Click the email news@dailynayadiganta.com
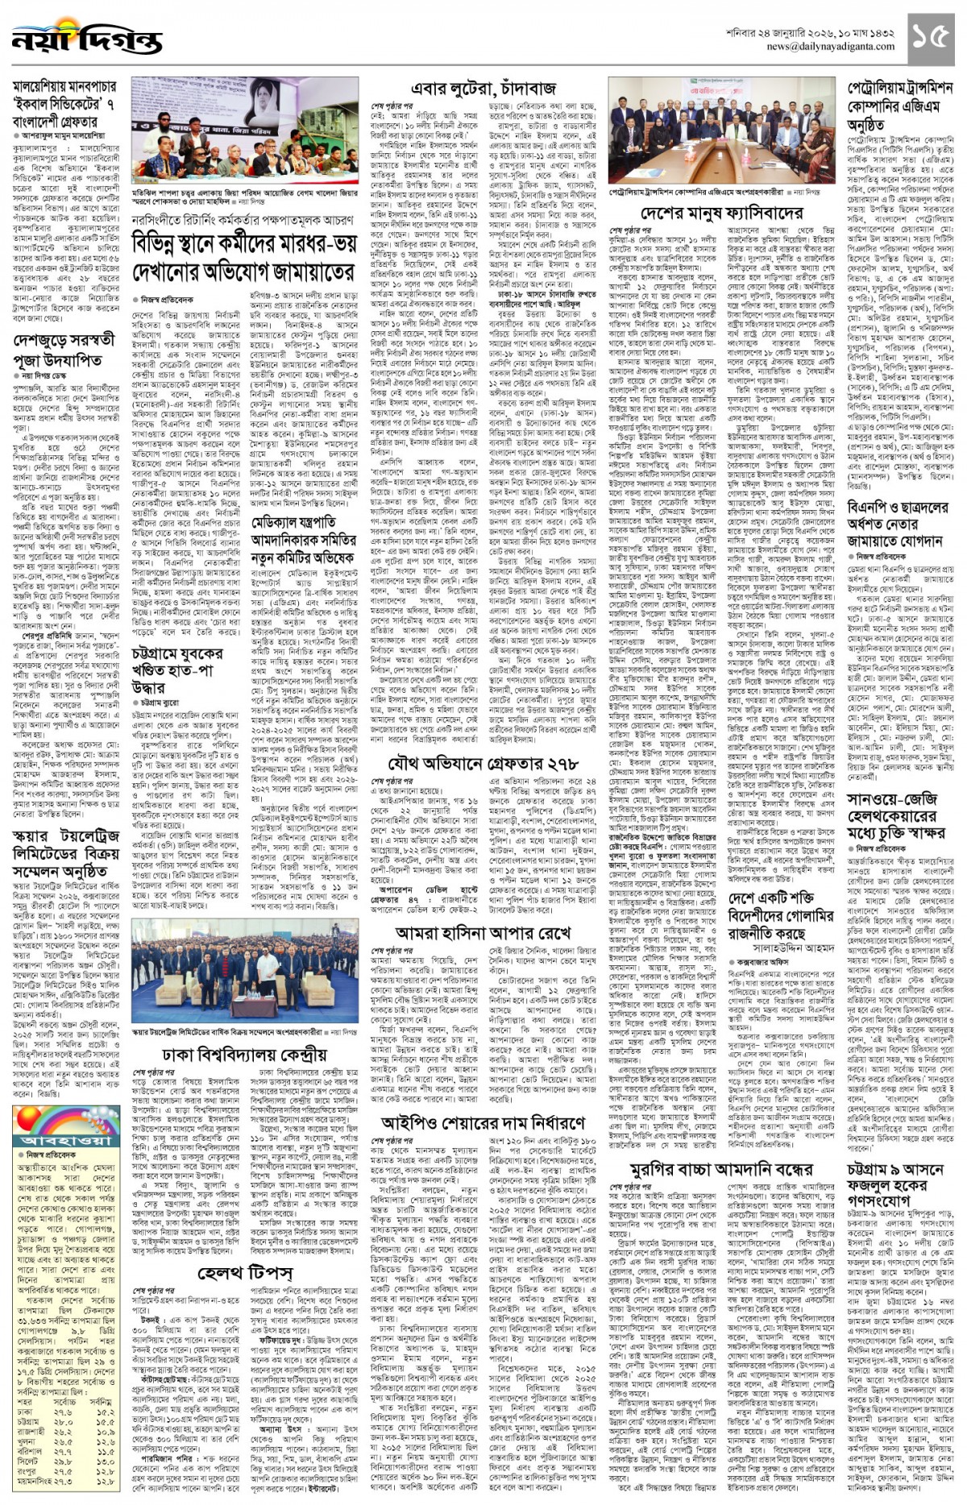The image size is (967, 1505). [x=831, y=47]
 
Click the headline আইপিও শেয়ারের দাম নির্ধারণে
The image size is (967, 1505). [x=483, y=1122]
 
